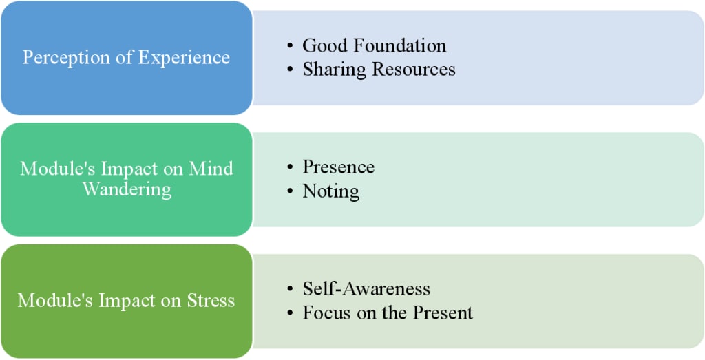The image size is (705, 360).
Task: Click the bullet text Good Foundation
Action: click(374, 45)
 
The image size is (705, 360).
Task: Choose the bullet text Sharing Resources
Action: click(379, 70)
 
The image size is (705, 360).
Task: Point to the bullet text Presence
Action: click(338, 167)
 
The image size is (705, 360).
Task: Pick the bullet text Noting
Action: click(330, 191)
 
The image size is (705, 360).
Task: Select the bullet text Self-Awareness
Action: click(366, 289)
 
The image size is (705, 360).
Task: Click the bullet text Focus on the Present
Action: click(388, 313)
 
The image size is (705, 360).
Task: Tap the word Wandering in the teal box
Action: click(127, 189)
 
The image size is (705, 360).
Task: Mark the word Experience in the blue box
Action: click(185, 57)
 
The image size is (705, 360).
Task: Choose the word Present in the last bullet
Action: click(443, 313)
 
